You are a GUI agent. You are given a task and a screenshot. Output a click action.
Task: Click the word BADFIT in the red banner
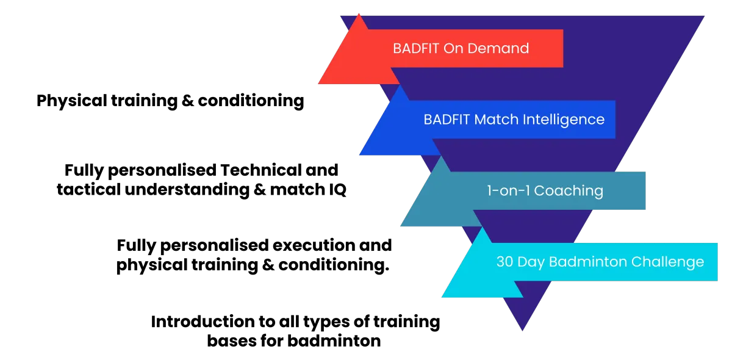(415, 49)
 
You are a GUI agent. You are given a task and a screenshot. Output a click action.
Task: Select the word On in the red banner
(454, 49)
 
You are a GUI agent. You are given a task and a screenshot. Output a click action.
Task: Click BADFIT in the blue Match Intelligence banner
(447, 120)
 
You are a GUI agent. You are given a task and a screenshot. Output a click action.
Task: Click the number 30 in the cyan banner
(504, 262)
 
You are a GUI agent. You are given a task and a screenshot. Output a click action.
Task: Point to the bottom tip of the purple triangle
(522, 331)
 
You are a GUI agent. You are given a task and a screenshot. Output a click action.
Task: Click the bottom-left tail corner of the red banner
(318, 84)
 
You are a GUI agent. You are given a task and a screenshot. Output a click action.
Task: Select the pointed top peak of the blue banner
(401, 86)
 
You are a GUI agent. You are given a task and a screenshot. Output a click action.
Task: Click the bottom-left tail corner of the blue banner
(360, 155)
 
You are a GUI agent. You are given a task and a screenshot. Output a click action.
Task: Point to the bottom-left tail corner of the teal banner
(401, 226)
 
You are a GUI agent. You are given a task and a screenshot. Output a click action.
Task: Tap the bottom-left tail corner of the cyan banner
(442, 297)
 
